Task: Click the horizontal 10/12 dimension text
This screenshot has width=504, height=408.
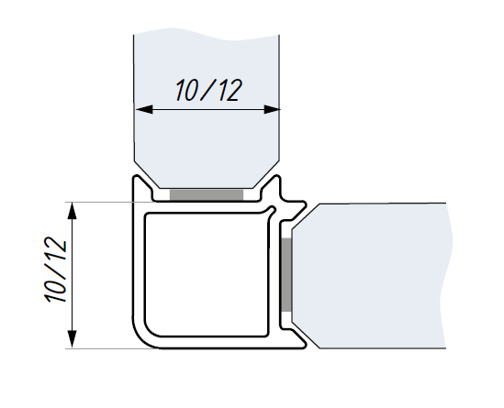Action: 208,91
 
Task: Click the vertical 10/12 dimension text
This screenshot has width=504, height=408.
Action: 55,270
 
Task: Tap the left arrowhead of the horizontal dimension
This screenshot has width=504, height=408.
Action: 144,109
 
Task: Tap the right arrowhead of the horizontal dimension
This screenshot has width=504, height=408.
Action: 272,109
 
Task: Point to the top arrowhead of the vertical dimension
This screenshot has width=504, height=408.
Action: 73,211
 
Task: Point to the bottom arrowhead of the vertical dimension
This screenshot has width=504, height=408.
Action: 73,339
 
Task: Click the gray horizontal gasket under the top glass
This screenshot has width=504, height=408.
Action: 207,194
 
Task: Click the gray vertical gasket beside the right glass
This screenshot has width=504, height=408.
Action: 286,274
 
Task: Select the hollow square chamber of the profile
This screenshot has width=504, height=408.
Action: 207,275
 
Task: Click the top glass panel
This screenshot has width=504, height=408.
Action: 207,109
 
